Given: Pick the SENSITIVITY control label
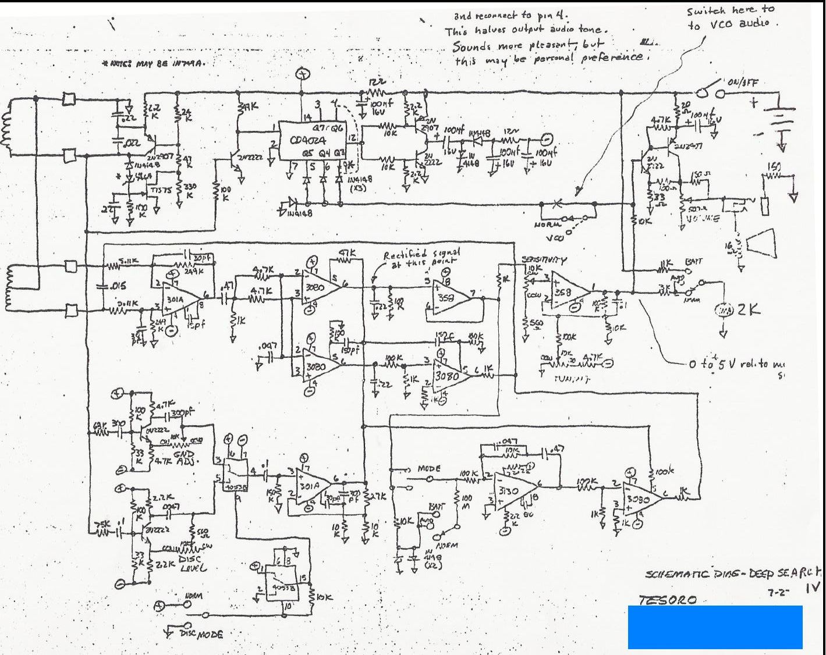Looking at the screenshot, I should pyautogui.click(x=544, y=261).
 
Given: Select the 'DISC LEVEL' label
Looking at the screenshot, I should pyautogui.click(x=187, y=563).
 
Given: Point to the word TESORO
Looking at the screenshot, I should pyautogui.click(x=667, y=600).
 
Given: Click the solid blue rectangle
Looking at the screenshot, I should pyautogui.click(x=715, y=626).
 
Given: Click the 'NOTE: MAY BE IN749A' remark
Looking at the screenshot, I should pyautogui.click(x=153, y=63).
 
